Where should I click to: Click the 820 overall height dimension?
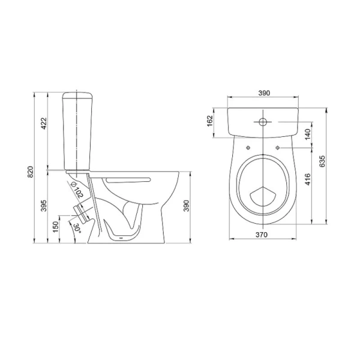click(x=31, y=172)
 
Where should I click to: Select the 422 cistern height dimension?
click(x=44, y=124)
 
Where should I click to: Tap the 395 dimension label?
click(x=44, y=206)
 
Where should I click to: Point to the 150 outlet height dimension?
click(x=56, y=227)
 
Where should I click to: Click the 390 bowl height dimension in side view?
click(x=187, y=206)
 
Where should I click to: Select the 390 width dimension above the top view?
click(x=264, y=93)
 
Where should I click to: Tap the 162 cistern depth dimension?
click(x=210, y=121)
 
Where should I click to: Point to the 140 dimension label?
click(x=308, y=134)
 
